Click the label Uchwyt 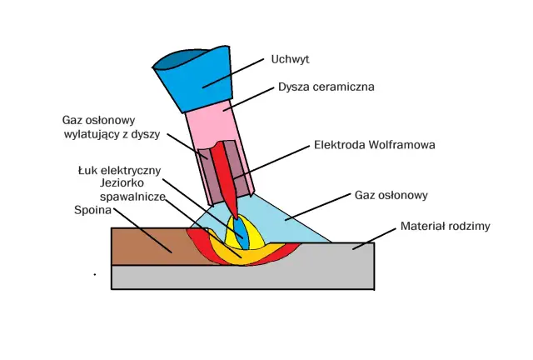[x=290, y=59]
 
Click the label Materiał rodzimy [x=444, y=225]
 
